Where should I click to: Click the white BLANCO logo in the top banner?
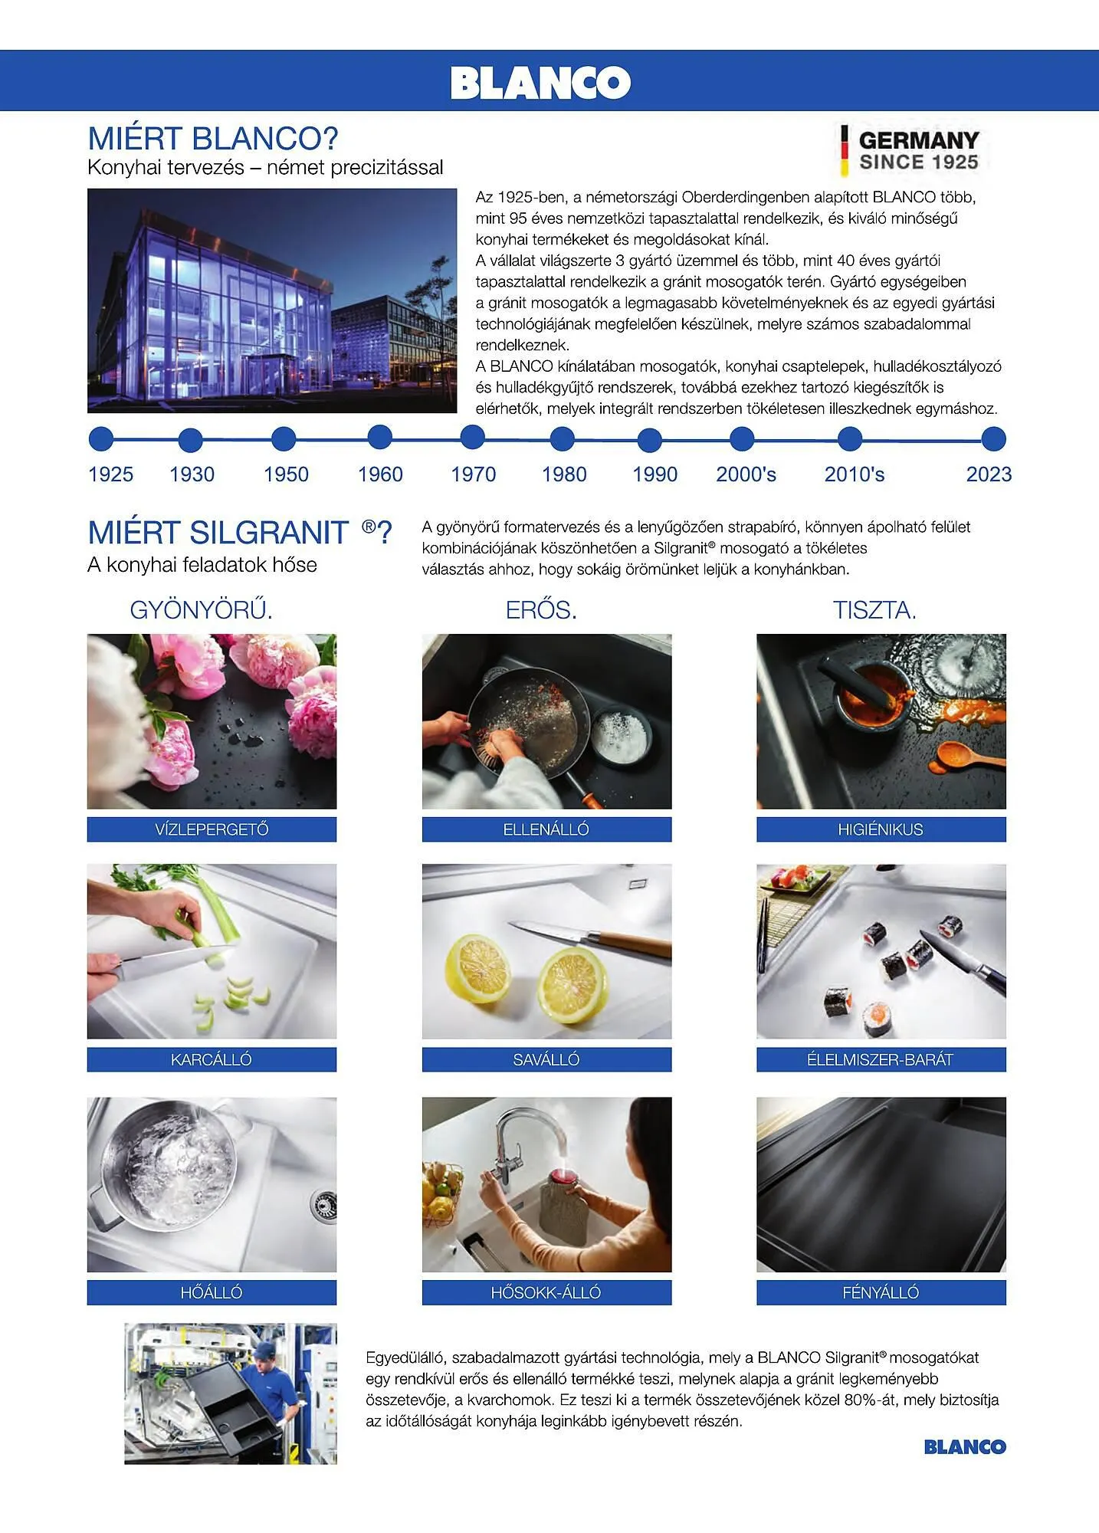540,82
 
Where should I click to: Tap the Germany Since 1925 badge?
910,150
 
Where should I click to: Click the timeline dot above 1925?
101,439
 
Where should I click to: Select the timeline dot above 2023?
993,439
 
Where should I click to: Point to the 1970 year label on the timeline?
474,474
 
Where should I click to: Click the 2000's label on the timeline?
746,474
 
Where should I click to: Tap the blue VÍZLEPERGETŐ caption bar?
212,829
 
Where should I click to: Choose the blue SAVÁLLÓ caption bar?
546,1059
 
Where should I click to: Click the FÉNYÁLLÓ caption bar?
881,1292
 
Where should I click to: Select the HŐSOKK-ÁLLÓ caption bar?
546,1292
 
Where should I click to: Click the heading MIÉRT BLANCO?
213,139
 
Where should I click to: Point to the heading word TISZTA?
874,610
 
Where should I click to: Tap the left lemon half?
478,969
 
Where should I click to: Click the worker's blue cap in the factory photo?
264,1350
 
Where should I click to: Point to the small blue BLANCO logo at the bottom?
965,1447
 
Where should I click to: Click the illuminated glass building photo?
272,300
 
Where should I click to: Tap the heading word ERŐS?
541,610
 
